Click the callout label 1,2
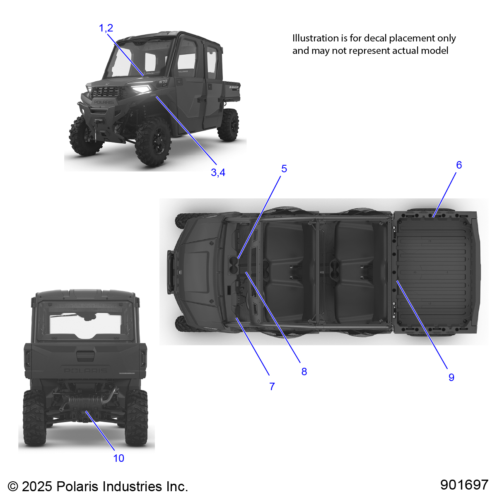click(106, 28)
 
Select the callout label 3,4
click(218, 173)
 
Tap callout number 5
click(284, 169)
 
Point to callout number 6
click(459, 165)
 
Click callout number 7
click(272, 386)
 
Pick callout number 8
click(304, 372)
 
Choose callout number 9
click(451, 377)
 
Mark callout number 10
click(118, 458)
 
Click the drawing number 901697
click(464, 485)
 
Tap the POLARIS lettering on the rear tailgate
click(85, 370)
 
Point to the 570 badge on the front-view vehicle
click(163, 82)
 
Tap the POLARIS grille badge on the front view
click(103, 102)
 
